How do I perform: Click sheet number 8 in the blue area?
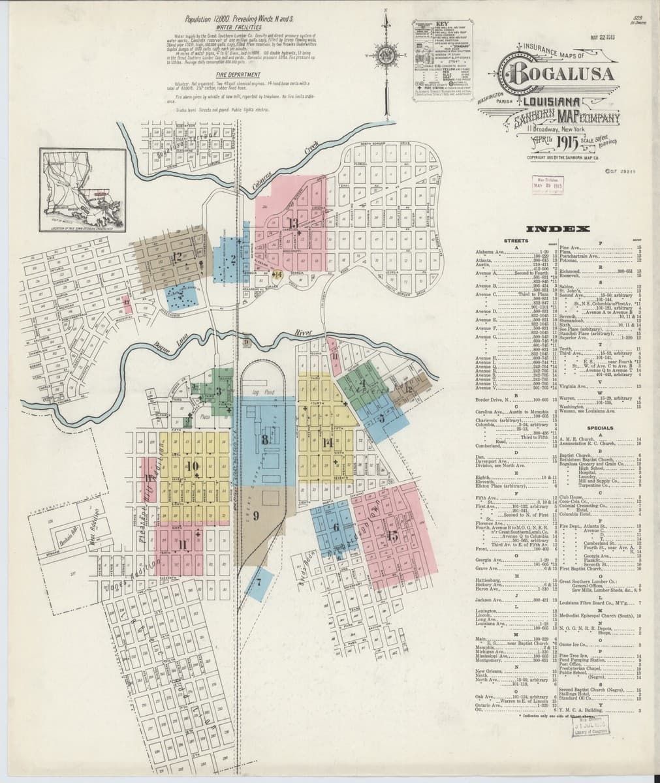[x=264, y=439]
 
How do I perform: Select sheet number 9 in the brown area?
[x=257, y=515]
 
